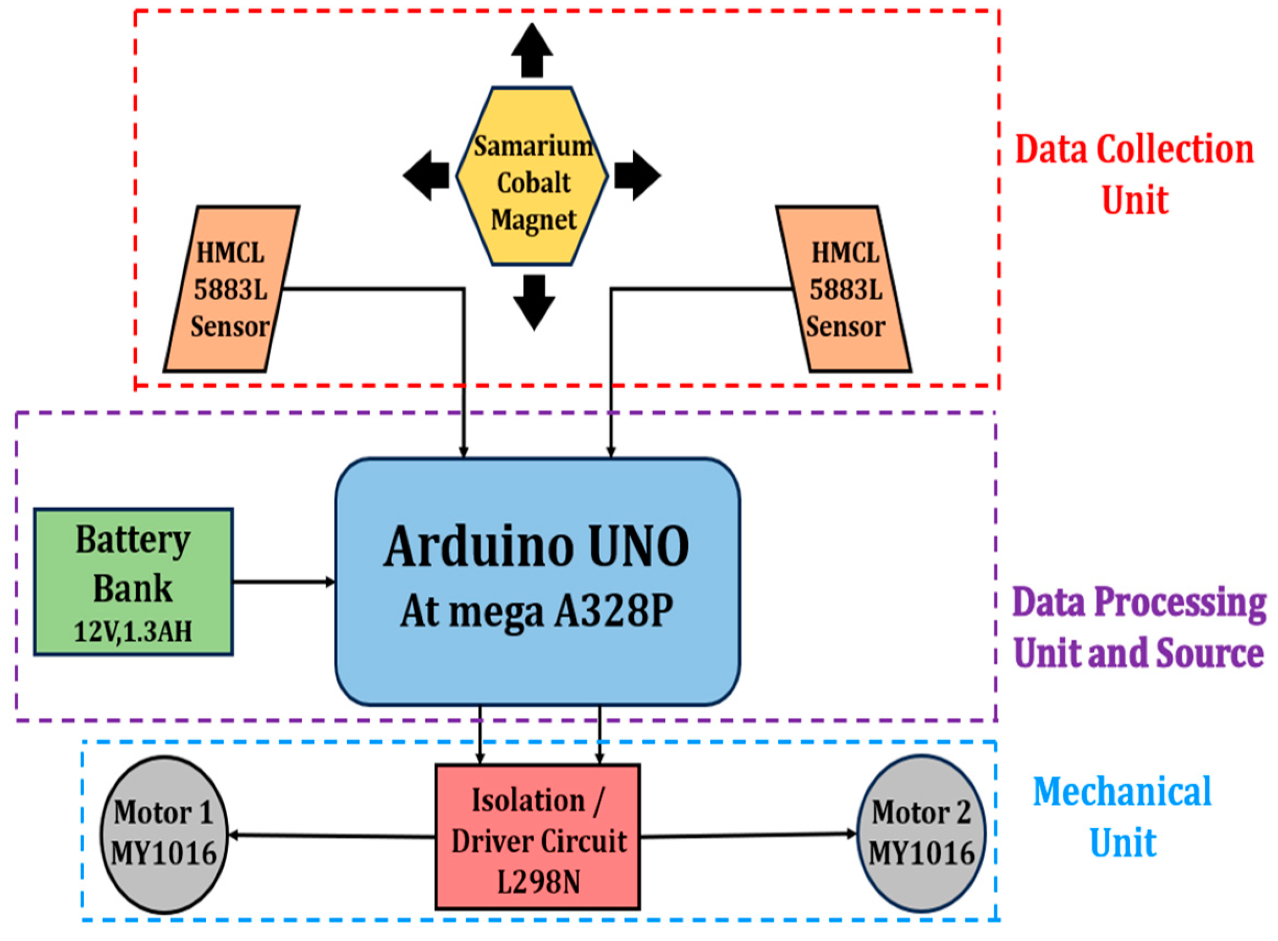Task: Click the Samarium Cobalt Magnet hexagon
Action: (532, 177)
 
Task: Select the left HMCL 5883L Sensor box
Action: (231, 289)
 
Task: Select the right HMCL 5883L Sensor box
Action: (844, 289)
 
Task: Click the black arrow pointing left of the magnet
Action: (427, 175)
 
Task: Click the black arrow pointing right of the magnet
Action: (637, 175)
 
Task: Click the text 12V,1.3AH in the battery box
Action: (133, 631)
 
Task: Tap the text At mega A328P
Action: (537, 612)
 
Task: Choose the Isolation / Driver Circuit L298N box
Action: (538, 837)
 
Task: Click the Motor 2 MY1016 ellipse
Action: (921, 833)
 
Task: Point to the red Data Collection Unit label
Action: (1134, 174)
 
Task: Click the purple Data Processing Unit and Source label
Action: (1139, 626)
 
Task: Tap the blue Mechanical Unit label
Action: (1122, 817)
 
